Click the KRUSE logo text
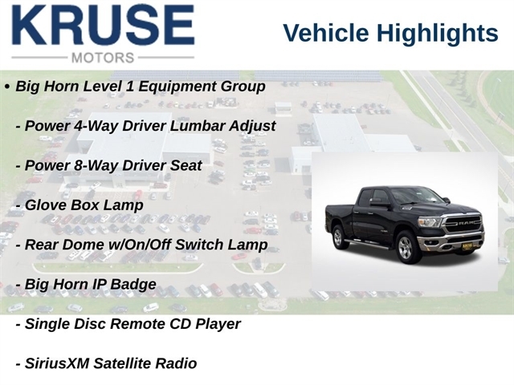click(x=104, y=25)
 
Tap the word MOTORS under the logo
click(x=103, y=58)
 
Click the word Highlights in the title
click(x=437, y=34)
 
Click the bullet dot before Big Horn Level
click(x=7, y=87)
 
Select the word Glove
click(x=45, y=205)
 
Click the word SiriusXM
click(x=57, y=363)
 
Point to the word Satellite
click(x=122, y=363)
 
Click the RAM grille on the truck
click(x=463, y=224)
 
